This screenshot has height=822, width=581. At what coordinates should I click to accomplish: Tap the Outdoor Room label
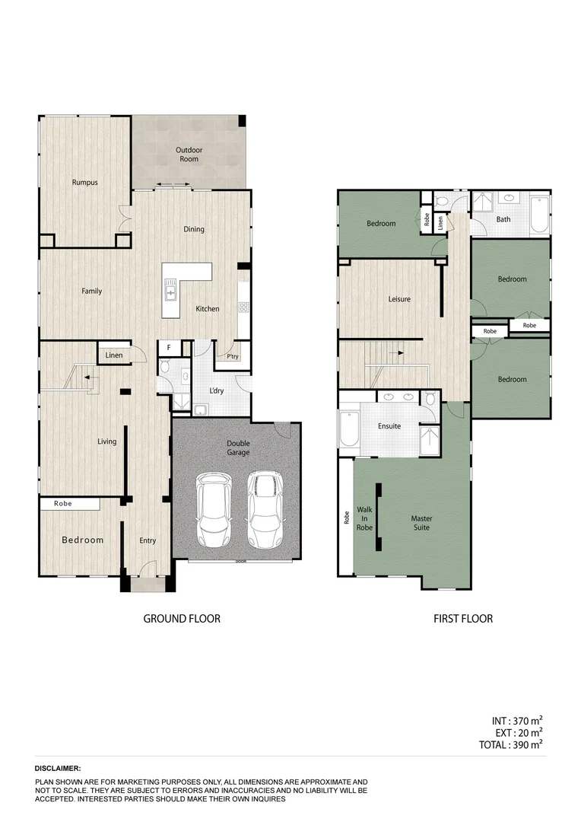[189, 155]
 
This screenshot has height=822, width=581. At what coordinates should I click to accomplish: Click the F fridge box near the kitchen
[168, 349]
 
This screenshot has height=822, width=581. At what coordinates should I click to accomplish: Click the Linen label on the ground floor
[113, 355]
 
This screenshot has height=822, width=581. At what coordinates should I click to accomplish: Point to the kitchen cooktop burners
[244, 307]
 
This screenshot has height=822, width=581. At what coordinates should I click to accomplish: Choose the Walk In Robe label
[364, 518]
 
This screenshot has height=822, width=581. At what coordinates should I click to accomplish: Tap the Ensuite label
[389, 426]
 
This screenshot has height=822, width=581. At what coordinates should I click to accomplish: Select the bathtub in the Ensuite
[348, 431]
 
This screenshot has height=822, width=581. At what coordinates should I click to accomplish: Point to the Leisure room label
[399, 299]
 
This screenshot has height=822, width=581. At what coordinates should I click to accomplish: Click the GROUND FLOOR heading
[182, 619]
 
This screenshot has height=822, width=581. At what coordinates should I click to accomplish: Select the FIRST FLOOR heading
[463, 619]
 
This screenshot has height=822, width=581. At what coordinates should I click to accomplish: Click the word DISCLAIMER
[58, 769]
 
